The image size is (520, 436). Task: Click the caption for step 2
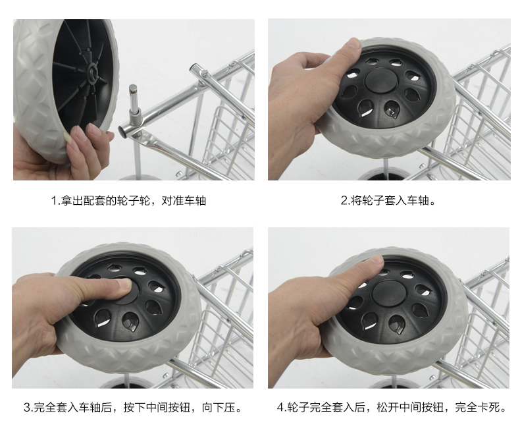pos(389,200)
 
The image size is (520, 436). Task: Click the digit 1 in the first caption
pos(54,200)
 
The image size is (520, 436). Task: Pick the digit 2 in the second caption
pos(344,200)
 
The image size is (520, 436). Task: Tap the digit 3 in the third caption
pos(27,408)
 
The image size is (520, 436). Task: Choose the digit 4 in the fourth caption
pos(280,408)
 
